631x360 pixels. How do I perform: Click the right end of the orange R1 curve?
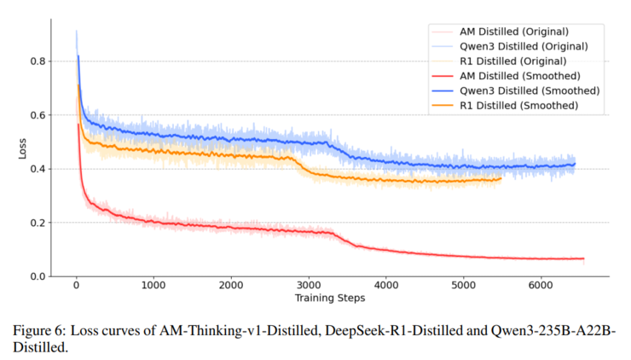(x=501, y=178)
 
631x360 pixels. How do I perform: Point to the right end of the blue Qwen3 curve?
(x=575, y=164)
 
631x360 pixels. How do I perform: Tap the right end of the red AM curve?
(x=583, y=258)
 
